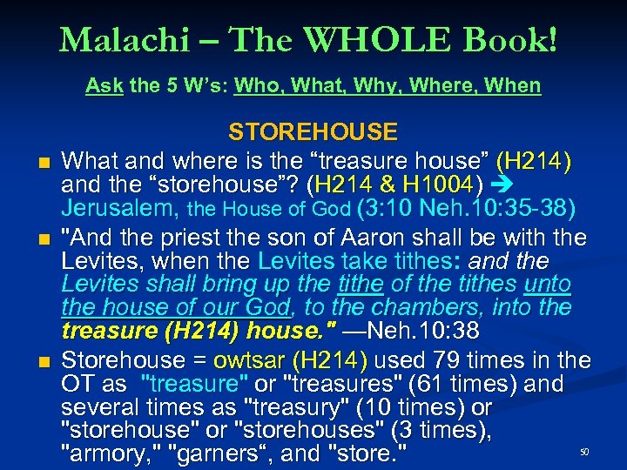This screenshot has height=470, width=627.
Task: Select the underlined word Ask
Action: [x=104, y=86]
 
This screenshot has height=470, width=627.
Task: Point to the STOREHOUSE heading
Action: [x=313, y=132]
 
